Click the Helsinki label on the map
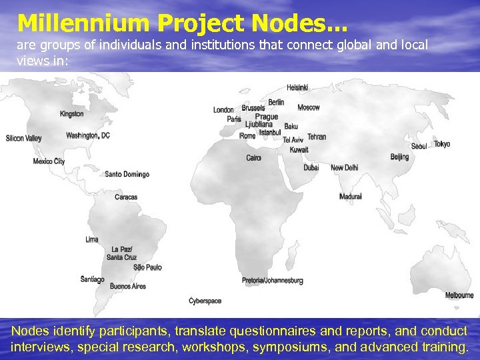coord(297,88)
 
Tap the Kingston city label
coord(71,114)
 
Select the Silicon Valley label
coord(23,139)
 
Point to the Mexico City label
coord(49,161)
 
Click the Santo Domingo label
coord(127,175)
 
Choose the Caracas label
coord(126,197)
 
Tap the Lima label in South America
coord(92,239)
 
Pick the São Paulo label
coord(147,267)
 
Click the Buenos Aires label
coord(128,286)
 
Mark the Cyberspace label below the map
coord(205,301)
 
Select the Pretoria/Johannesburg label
coord(272,281)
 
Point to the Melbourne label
coord(459,295)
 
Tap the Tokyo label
coord(442,144)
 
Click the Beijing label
coord(399,157)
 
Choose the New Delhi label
coord(344,168)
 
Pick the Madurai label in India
coord(351,197)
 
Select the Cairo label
coord(253,158)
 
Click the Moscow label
coord(309,107)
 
